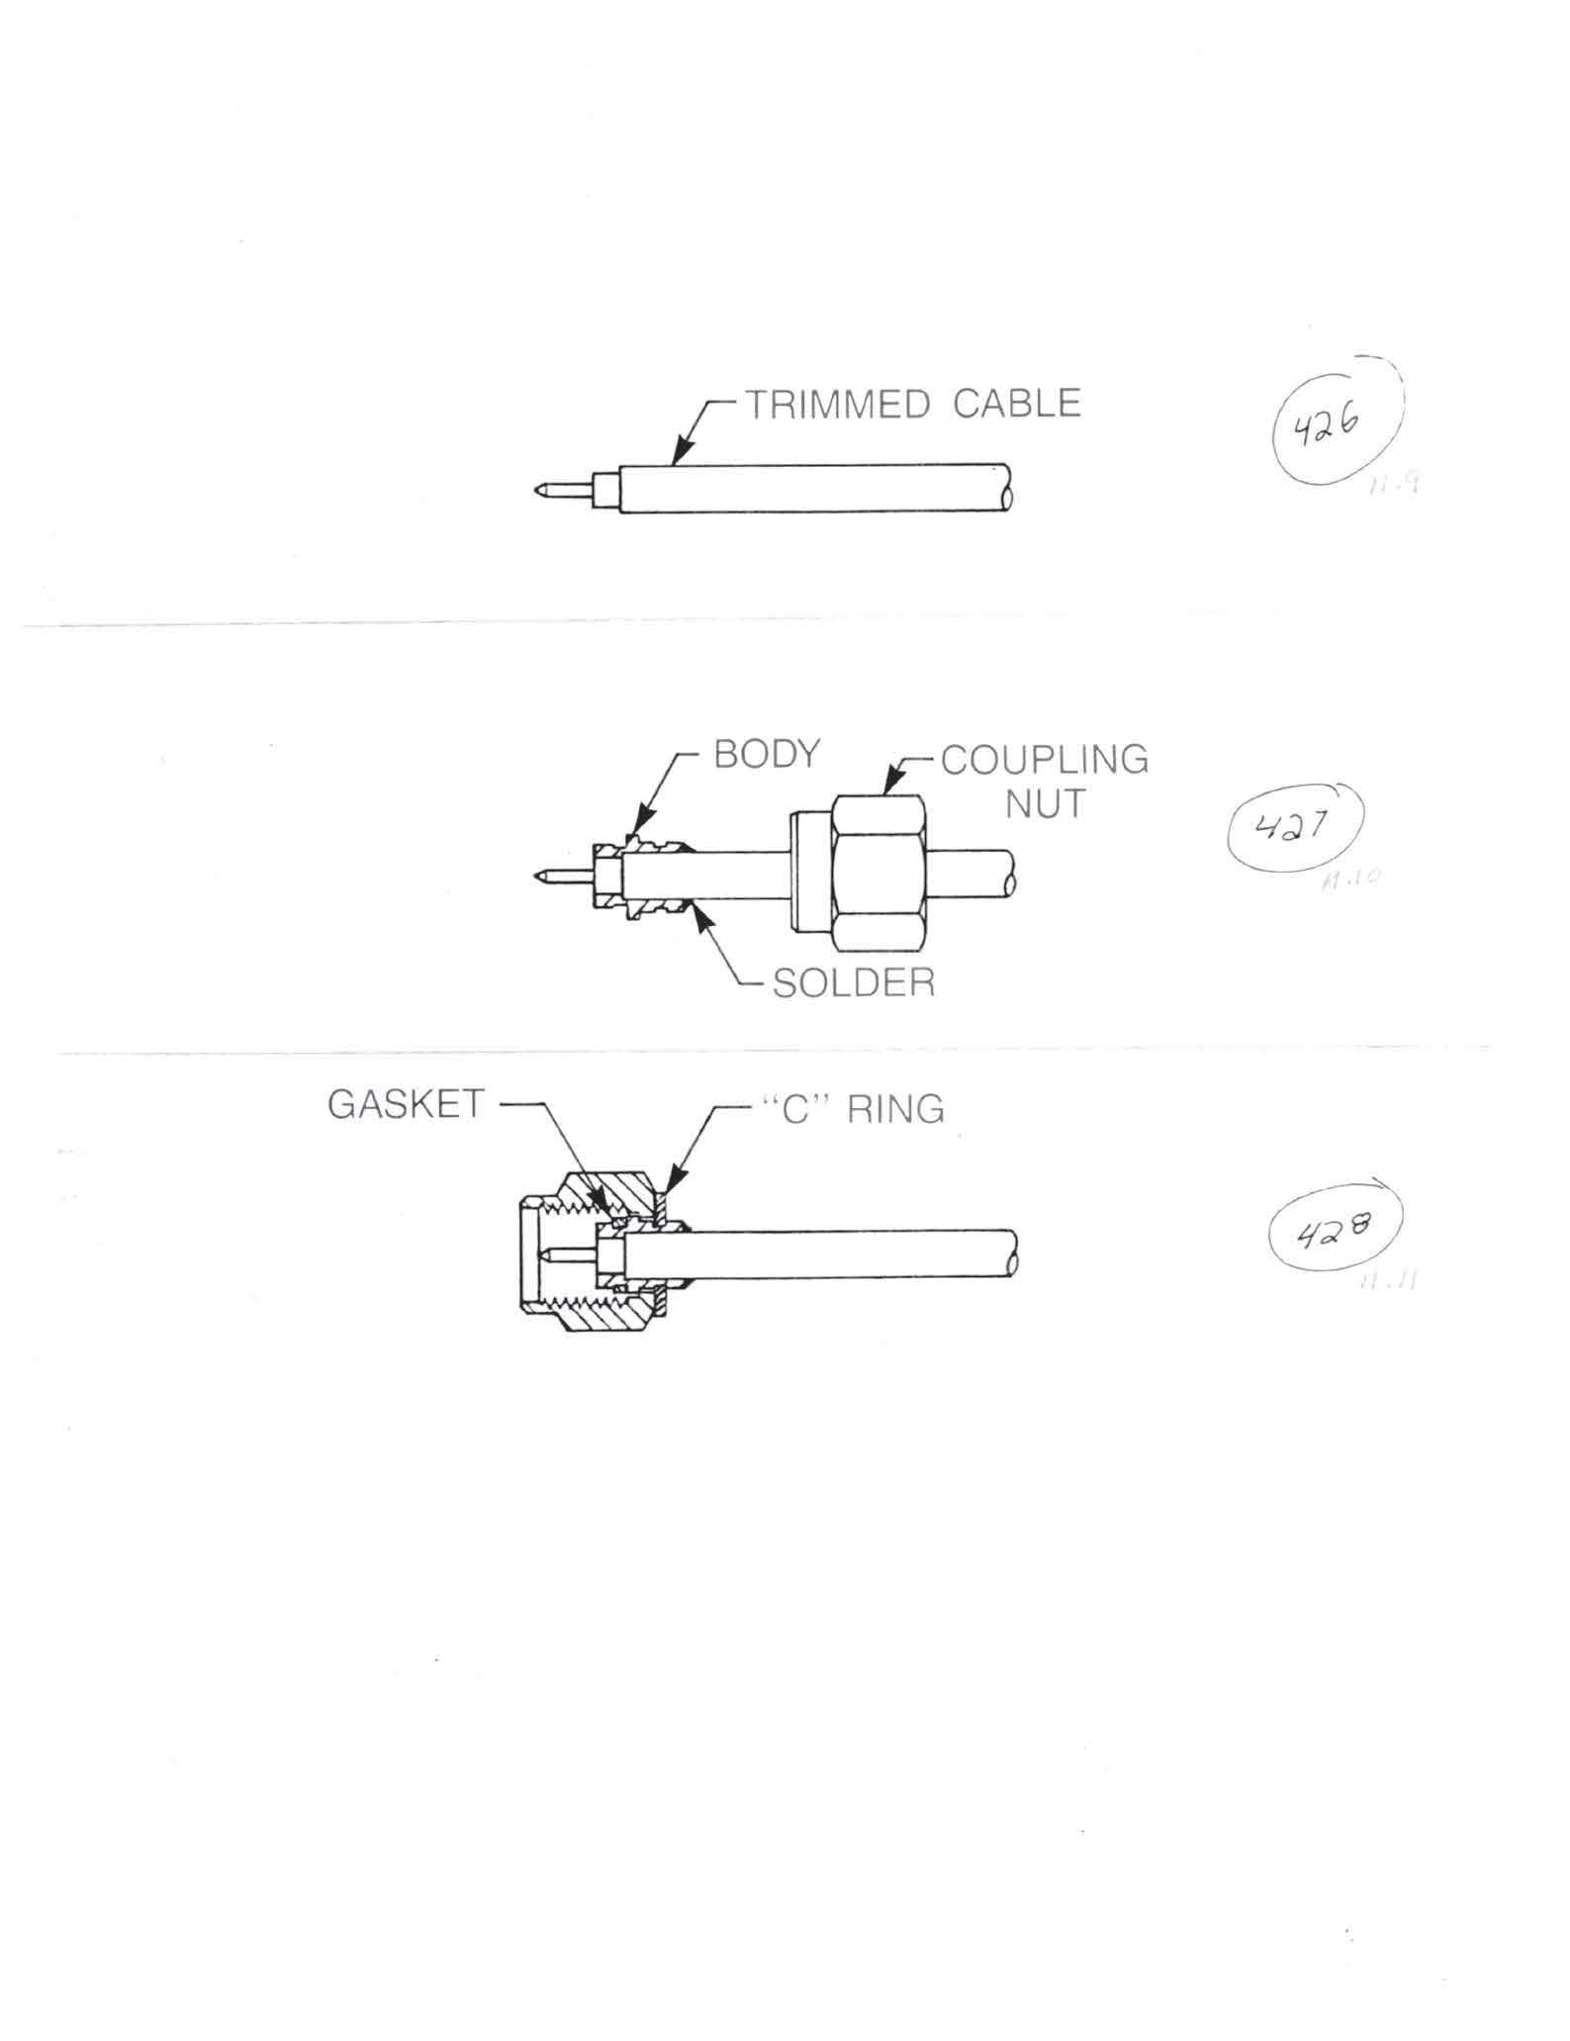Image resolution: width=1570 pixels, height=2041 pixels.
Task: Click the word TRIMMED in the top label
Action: [x=836, y=405]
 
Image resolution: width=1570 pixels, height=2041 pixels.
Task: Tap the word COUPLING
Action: [x=1044, y=760]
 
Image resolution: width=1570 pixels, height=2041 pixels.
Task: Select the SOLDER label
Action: [x=853, y=983]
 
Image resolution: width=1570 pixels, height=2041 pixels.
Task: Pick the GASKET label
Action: [x=406, y=1105]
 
